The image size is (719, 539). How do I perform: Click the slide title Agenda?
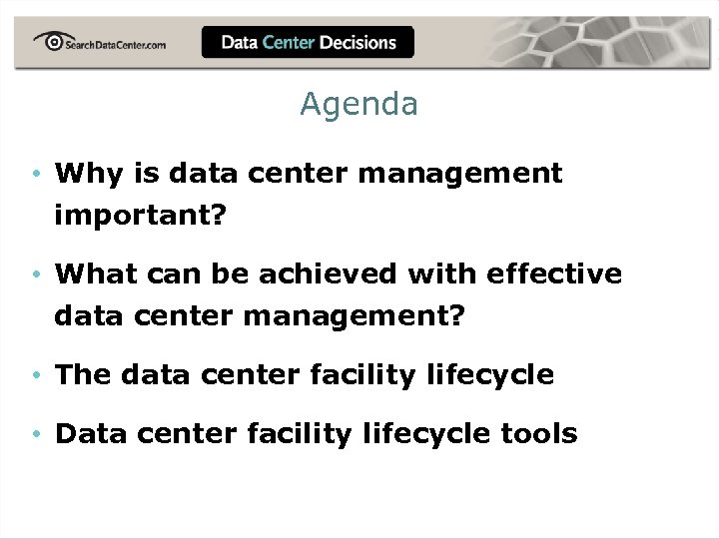359,104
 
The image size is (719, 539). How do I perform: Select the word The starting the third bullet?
83,375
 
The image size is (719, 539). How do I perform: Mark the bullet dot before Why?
35,175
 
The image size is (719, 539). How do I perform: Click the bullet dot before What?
35,274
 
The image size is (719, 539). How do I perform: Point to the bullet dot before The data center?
35,376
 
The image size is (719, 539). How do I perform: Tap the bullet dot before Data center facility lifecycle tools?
35,435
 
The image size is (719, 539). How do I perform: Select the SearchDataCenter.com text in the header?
115,44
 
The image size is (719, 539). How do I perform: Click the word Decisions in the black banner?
359,42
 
